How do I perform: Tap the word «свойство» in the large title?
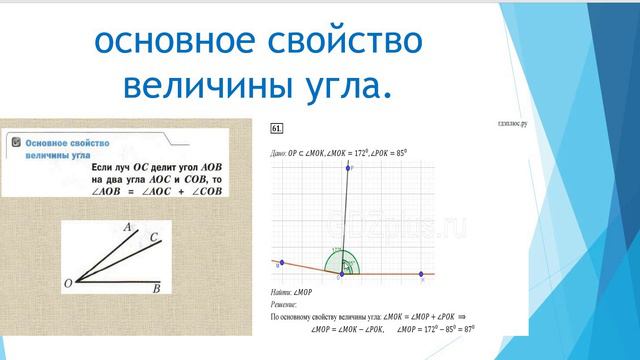pyautogui.click(x=338, y=41)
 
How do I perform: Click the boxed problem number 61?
pyautogui.click(x=276, y=127)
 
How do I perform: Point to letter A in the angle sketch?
pyautogui.click(x=128, y=228)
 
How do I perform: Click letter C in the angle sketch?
pyautogui.click(x=153, y=237)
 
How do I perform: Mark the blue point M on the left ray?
pyautogui.click(x=282, y=263)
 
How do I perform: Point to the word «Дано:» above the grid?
pyautogui.click(x=278, y=154)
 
